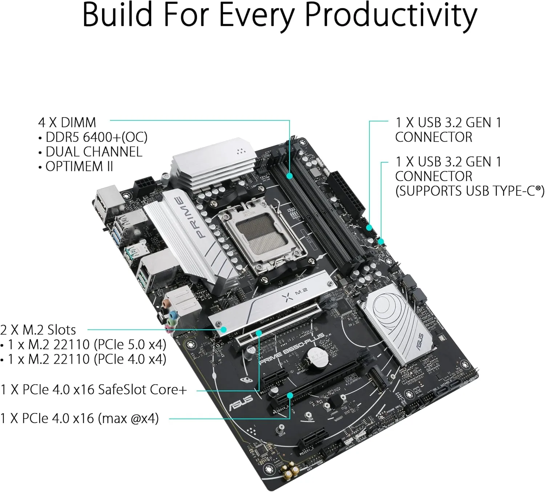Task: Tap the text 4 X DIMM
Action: [67, 123]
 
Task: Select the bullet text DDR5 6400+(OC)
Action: [96, 137]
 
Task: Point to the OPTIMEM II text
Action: [79, 167]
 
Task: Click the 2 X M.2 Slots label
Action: [38, 330]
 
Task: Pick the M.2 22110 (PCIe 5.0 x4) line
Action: [87, 344]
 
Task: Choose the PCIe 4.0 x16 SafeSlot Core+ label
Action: [94, 389]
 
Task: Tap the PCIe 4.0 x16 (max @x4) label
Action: [80, 419]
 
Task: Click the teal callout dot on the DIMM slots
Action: [290, 176]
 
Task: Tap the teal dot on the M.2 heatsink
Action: [224, 329]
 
